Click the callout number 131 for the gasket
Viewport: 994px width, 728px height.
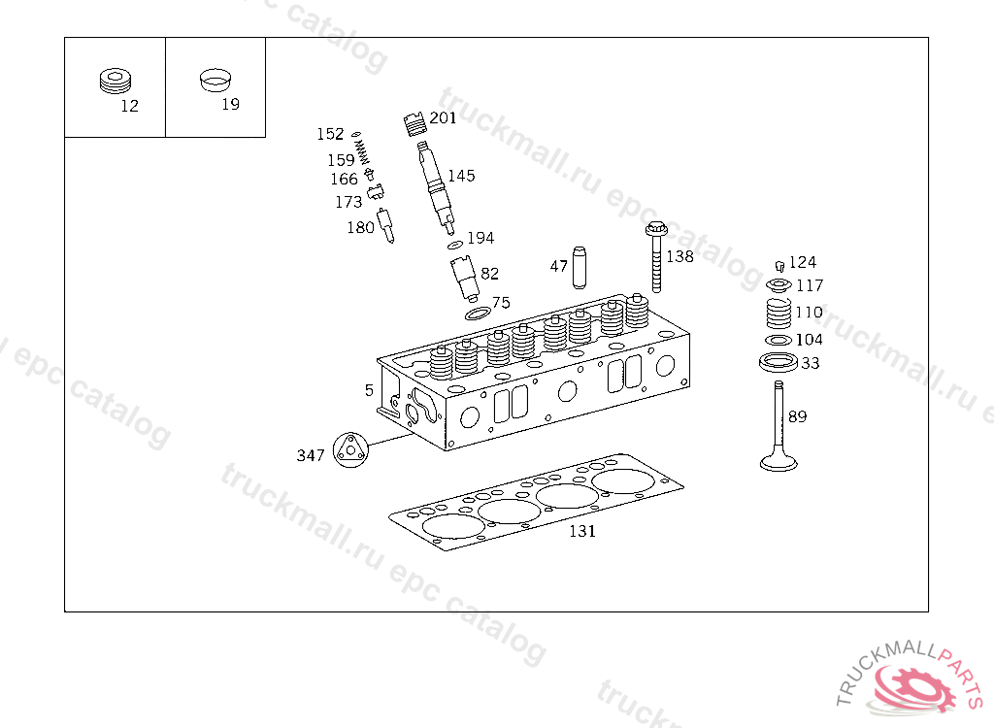click(x=582, y=531)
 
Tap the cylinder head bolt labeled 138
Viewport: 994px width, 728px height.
click(x=656, y=256)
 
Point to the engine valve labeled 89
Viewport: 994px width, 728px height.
click(x=779, y=427)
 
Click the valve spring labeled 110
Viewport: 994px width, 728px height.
click(x=779, y=314)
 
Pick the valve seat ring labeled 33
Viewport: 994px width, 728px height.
click(x=778, y=364)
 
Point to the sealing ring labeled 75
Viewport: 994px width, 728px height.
click(x=477, y=313)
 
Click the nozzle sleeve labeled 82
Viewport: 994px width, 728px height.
click(x=464, y=278)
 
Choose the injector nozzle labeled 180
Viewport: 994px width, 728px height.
click(x=385, y=225)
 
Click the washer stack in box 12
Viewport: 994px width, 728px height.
click(x=116, y=82)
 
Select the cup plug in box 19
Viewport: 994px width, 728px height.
click(x=216, y=79)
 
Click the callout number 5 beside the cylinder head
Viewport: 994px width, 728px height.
click(x=369, y=390)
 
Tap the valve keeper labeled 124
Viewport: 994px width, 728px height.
click(x=779, y=265)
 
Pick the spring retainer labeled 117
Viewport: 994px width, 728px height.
click(x=779, y=285)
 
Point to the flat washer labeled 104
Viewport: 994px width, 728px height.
click(x=779, y=340)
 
